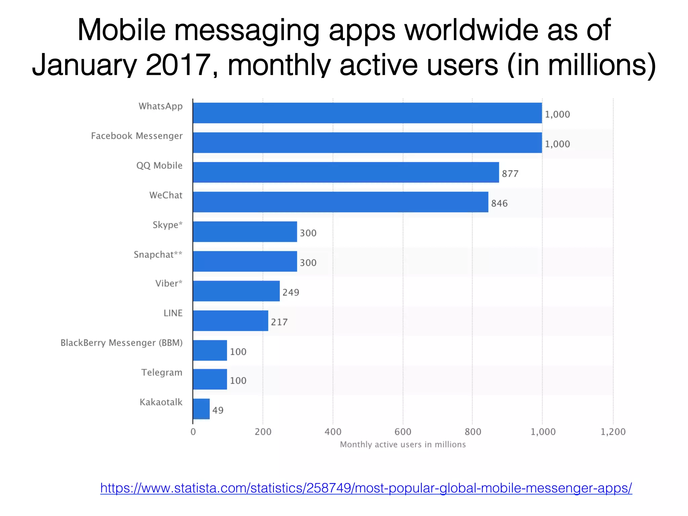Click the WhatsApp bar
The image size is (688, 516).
(x=367, y=113)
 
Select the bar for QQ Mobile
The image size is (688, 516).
(x=346, y=172)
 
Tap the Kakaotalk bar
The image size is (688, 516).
(x=201, y=409)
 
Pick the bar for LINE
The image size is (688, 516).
(x=230, y=320)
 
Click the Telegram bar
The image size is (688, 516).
(x=210, y=379)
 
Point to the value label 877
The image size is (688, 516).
(x=510, y=174)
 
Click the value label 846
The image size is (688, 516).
(x=499, y=203)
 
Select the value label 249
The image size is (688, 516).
(x=291, y=292)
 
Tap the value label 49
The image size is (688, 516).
(x=218, y=410)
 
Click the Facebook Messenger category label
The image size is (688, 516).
(x=137, y=136)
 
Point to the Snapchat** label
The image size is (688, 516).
(x=158, y=254)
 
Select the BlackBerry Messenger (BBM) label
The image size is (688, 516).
(x=122, y=343)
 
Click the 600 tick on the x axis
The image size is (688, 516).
(x=403, y=432)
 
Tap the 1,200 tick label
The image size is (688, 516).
(x=613, y=432)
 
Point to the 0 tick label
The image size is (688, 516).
(x=193, y=432)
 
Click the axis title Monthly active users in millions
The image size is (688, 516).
(x=403, y=444)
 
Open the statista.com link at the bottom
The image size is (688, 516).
(x=366, y=487)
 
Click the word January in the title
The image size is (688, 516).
(x=84, y=64)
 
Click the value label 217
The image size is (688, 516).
(x=279, y=322)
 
